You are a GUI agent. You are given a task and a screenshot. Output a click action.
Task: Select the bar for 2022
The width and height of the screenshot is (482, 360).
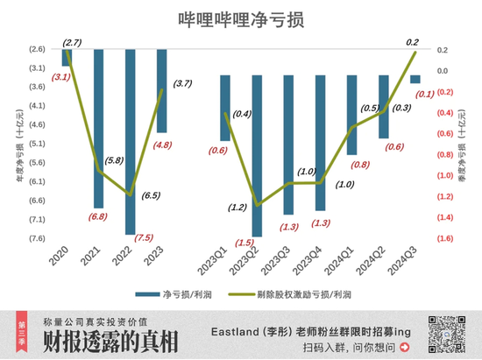[130, 140]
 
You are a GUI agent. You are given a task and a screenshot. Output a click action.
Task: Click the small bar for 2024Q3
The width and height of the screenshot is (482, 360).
[415, 79]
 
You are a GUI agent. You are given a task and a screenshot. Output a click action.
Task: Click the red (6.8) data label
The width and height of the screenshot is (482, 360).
[98, 217]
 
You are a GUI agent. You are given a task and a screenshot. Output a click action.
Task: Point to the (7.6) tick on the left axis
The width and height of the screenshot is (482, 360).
[38, 238]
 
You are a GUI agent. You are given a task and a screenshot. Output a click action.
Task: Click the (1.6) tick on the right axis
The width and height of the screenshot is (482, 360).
[445, 238]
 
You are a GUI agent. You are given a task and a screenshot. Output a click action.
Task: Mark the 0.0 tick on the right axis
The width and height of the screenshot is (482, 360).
[443, 71]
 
